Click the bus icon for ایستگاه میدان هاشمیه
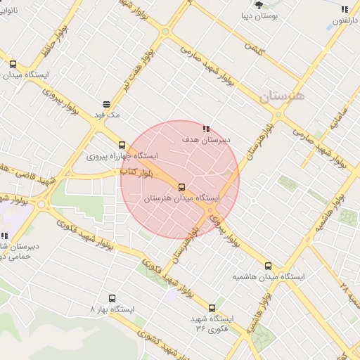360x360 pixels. tap(268, 266)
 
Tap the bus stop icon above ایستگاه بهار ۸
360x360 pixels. tap(111, 298)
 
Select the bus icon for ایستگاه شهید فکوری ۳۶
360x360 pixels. tap(212, 308)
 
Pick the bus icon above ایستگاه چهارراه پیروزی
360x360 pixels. tap(122, 145)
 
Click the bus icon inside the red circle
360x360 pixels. tap(182, 187)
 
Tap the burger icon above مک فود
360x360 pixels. tap(106, 103)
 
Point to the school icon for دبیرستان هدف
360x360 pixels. tap(206, 129)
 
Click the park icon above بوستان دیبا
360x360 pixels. tap(260, 4)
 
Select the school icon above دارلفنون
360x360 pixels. tap(345, 9)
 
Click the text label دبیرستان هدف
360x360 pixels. tap(207, 140)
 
